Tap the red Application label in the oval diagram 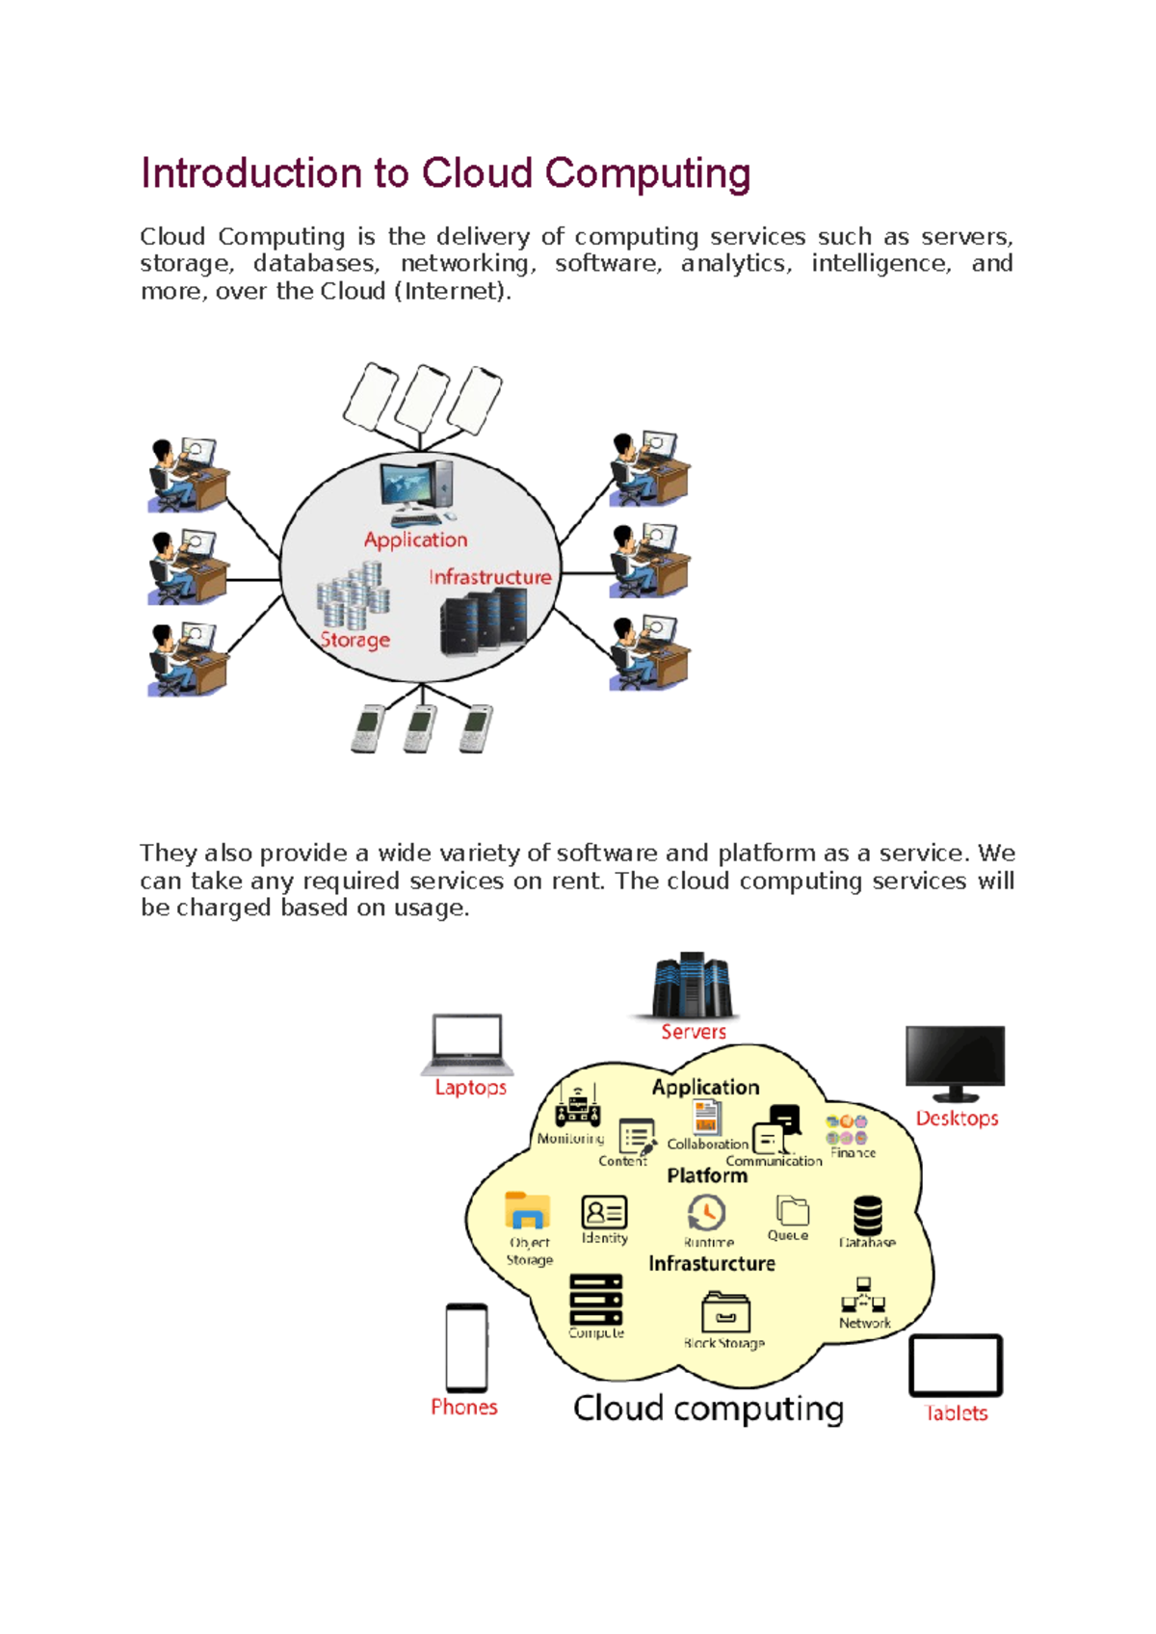pyautogui.click(x=415, y=540)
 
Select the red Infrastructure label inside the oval pyautogui.click(x=489, y=577)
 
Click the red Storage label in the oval pyautogui.click(x=355, y=640)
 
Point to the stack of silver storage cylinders pyautogui.click(x=353, y=597)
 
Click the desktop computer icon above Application pyautogui.click(x=416, y=491)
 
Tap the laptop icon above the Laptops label pyautogui.click(x=467, y=1044)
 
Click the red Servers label pyautogui.click(x=693, y=1032)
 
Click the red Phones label pyautogui.click(x=463, y=1407)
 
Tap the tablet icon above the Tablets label pyautogui.click(x=956, y=1365)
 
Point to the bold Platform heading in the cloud pyautogui.click(x=706, y=1175)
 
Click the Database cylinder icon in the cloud pyautogui.click(x=867, y=1215)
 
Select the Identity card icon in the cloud pyautogui.click(x=604, y=1212)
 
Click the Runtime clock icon pyautogui.click(x=706, y=1213)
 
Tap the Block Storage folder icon pyautogui.click(x=725, y=1313)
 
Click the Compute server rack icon pyautogui.click(x=595, y=1300)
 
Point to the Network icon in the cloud pyautogui.click(x=863, y=1297)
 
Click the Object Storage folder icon pyautogui.click(x=527, y=1210)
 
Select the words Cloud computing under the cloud pyautogui.click(x=708, y=1409)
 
